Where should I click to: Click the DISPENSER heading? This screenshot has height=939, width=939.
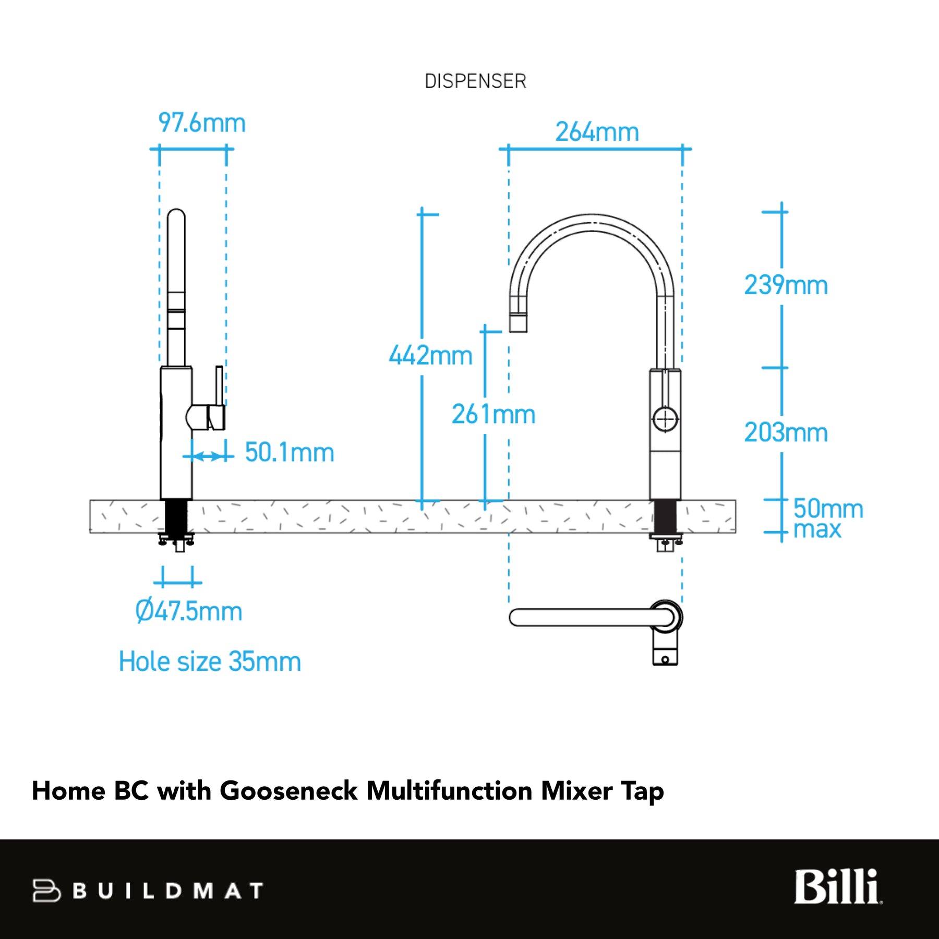coord(475,81)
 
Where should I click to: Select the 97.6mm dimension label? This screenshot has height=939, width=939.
coord(202,123)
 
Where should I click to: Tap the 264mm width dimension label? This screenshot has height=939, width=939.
coord(597,131)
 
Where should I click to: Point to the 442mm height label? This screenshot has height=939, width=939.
coord(431,355)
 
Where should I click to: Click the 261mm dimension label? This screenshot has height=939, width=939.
coord(493,414)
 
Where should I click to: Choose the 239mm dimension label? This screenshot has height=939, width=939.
coord(786,285)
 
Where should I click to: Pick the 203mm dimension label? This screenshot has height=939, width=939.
coord(786,432)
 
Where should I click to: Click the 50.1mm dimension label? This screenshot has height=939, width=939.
coord(290,452)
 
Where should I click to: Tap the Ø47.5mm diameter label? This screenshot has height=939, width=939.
coord(189,611)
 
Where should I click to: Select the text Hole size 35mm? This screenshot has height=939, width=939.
coord(210,661)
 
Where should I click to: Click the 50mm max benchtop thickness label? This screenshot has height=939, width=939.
coord(828,519)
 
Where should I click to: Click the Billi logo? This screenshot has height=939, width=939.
coord(838,886)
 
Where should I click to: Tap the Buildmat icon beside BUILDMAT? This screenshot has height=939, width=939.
coord(46,890)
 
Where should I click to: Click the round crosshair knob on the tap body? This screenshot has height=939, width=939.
coord(665,419)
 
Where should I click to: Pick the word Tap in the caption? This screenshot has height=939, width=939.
coord(642,792)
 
